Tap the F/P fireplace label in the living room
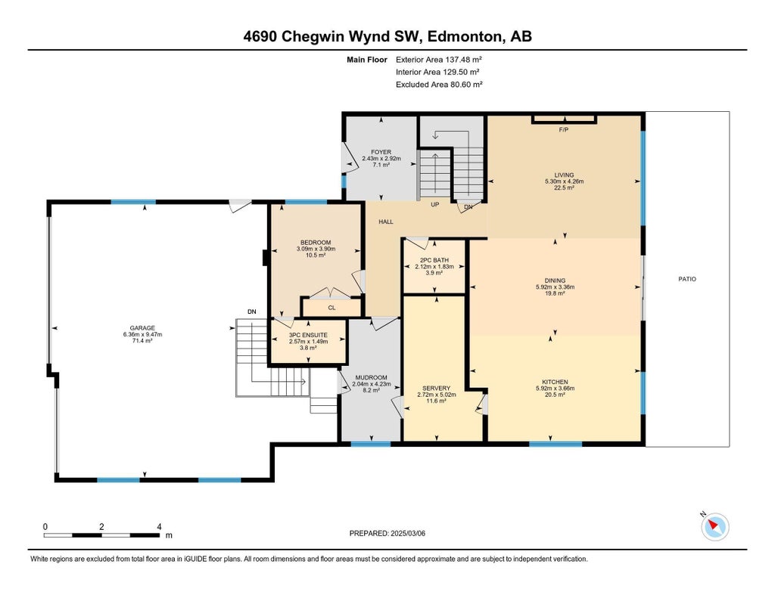coord(563,130)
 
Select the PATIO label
coord(687,279)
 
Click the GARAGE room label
coord(142,328)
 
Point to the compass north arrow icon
coord(714,525)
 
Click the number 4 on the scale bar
coord(159,526)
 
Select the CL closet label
coord(331,308)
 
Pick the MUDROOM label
coord(371,377)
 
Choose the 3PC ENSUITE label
coord(308,333)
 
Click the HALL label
coord(386,222)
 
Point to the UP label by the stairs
coord(435,205)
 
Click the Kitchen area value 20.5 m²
coord(555,395)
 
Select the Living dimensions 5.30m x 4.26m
coord(564,181)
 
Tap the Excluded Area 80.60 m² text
coord(439,85)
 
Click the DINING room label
coord(555,280)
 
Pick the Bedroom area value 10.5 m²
coord(315,256)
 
